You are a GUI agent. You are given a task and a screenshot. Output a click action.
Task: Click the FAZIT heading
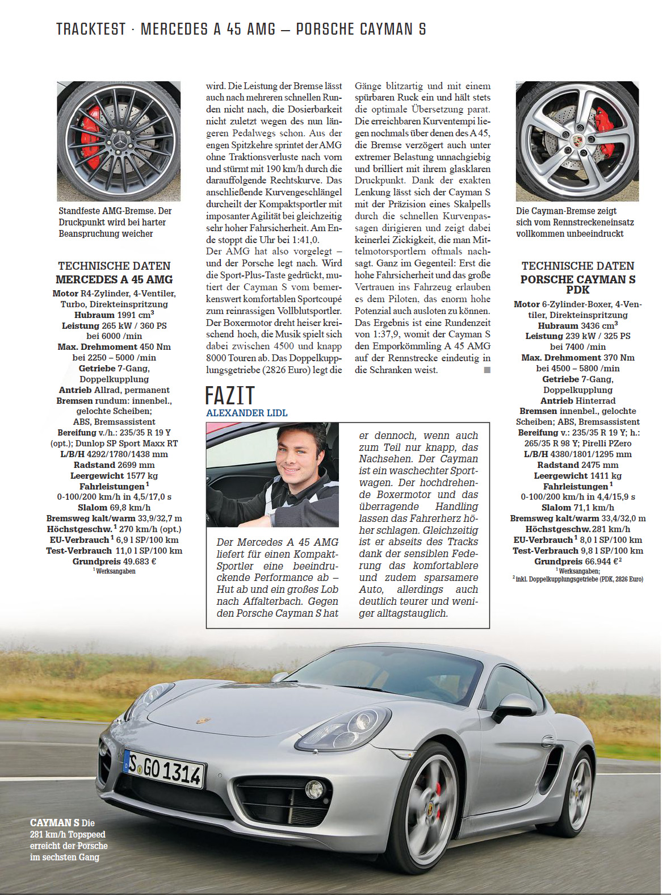[x=229, y=396]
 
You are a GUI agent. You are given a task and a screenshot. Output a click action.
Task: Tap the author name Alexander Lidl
[x=246, y=413]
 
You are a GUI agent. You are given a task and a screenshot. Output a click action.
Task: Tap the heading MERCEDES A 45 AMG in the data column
[x=114, y=279]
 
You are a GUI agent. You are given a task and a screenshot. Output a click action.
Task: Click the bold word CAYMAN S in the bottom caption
[x=54, y=823]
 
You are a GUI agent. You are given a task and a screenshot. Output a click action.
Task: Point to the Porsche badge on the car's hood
[x=203, y=721]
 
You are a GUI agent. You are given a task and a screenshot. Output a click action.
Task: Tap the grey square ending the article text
[x=487, y=370]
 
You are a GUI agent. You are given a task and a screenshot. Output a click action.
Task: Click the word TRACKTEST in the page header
[x=91, y=30]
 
